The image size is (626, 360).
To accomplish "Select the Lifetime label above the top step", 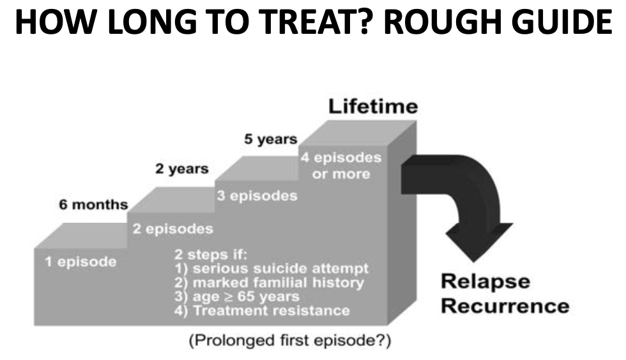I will click(x=373, y=106).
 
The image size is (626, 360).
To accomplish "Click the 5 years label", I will click(x=271, y=139).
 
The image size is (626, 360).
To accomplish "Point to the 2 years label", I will click(x=181, y=169).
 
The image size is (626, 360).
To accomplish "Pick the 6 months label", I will click(x=93, y=205).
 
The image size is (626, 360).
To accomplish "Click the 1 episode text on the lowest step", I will click(x=80, y=262).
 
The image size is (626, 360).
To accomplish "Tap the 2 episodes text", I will click(x=172, y=229).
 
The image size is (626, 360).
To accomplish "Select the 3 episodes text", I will click(x=257, y=195).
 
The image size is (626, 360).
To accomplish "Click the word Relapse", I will click(x=485, y=281).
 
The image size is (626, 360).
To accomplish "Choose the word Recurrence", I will click(x=505, y=305).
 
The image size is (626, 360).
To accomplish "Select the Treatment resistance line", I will click(x=263, y=311).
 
